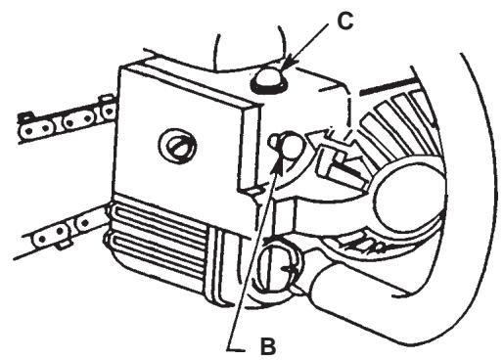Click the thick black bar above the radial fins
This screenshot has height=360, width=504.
[382, 88]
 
